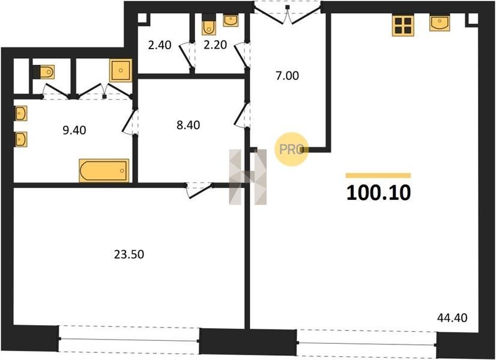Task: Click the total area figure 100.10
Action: pos(379,193)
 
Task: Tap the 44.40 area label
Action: pos(452,317)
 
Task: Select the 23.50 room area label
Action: pos(129,254)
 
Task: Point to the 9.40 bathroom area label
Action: pos(74,130)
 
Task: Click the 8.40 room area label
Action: pos(188,125)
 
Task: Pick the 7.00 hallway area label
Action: pos(287,76)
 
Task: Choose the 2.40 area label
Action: pos(160,45)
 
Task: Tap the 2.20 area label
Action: pos(215,45)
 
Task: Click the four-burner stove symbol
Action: pos(403,26)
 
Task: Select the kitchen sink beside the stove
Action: pos(440,23)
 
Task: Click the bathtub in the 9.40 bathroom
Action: pos(104,170)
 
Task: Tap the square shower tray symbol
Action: pos(121,70)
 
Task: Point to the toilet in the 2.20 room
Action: pos(208,25)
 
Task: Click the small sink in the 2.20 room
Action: pos(231,20)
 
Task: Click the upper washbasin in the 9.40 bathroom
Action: pos(21,113)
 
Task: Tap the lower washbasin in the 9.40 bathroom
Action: pos(21,139)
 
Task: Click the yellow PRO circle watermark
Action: pos(291,149)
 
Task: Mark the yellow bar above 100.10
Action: pos(378,176)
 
